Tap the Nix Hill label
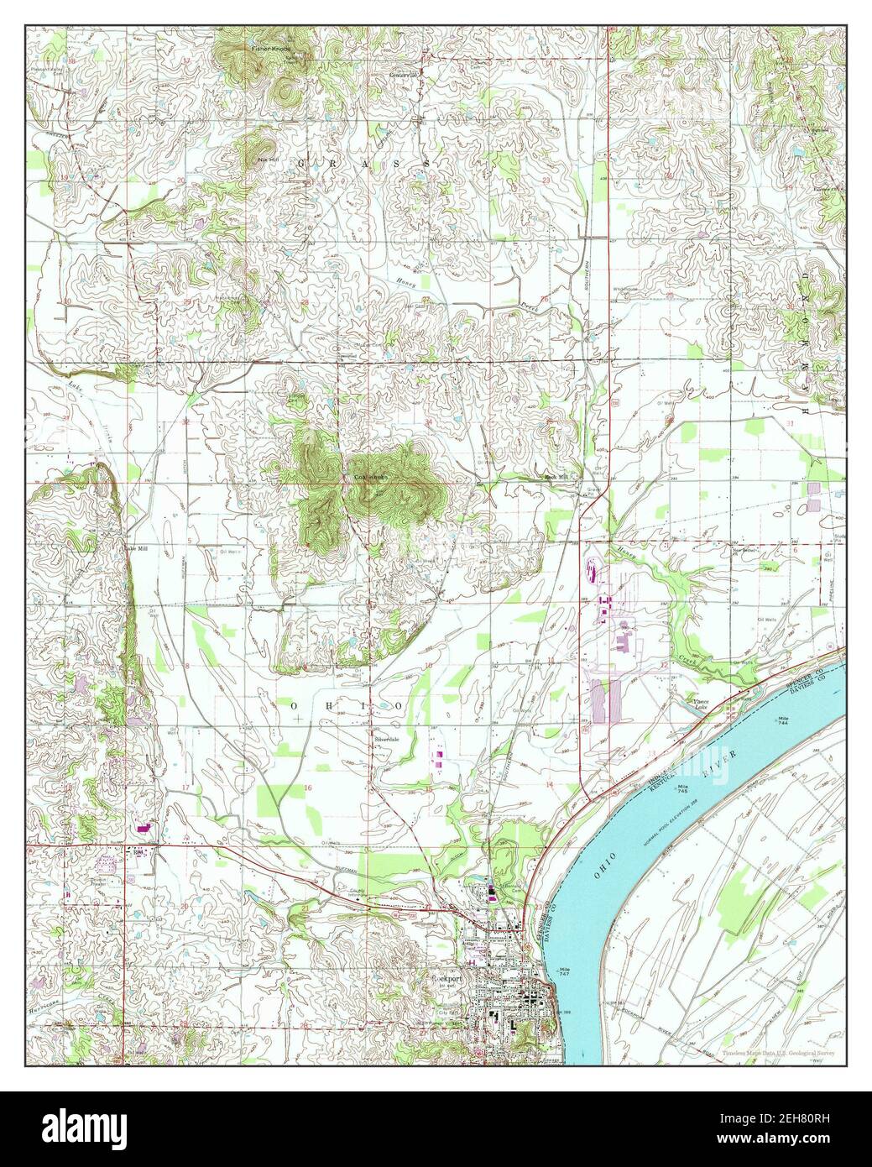267,159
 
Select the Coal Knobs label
369,478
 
